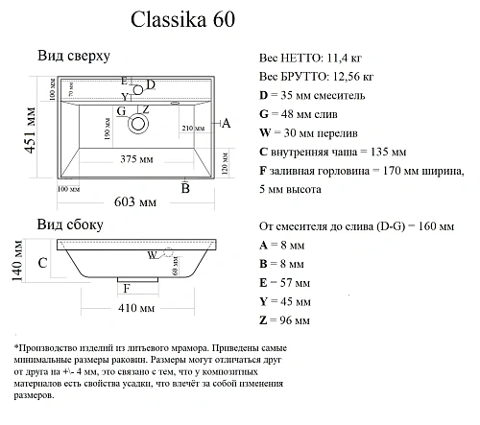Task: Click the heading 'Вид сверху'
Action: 73,58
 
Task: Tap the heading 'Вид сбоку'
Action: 69,225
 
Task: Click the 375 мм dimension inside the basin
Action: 137,159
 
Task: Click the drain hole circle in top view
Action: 140,123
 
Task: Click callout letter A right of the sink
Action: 226,123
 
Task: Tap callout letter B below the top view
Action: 185,189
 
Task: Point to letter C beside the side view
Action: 43,262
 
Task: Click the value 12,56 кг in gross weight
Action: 349,77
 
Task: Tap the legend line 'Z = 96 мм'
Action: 285,319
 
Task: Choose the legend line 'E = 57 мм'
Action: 285,283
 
